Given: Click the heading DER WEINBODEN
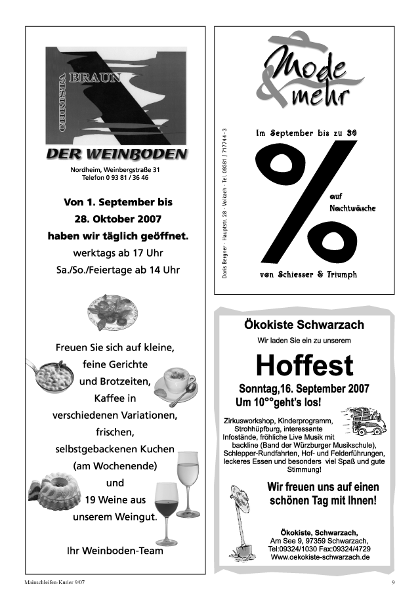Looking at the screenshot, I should (116, 154).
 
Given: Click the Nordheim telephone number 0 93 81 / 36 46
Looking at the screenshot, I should (115, 178).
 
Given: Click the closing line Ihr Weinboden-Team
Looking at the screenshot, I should (115, 551).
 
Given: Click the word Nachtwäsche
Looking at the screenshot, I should (352, 208).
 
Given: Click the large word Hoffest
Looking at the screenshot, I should (304, 365).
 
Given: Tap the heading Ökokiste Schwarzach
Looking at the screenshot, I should (304, 325).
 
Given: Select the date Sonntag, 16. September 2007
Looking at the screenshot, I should (304, 388).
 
